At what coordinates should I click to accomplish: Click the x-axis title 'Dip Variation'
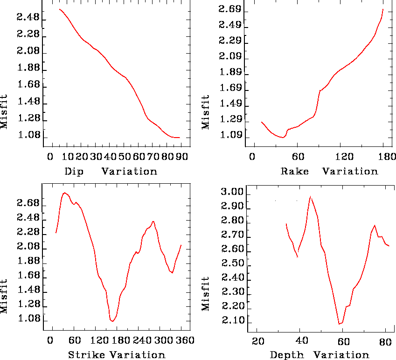click(x=111, y=171)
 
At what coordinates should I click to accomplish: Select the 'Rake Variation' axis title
click(x=329, y=171)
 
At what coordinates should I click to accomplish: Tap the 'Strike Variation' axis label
click(x=117, y=355)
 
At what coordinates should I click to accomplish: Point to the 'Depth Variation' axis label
click(x=320, y=355)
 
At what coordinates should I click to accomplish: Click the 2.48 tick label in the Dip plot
click(x=28, y=19)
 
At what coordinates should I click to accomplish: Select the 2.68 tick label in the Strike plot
click(x=28, y=204)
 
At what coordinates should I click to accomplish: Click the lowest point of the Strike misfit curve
click(x=112, y=321)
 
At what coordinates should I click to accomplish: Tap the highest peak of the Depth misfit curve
click(x=310, y=196)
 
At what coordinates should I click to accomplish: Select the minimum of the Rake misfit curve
click(x=283, y=138)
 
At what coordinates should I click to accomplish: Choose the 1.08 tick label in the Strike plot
click(x=28, y=320)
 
